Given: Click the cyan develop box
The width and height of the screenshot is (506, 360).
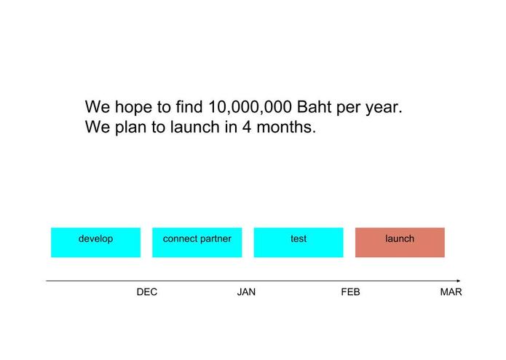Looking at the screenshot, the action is [x=95, y=243].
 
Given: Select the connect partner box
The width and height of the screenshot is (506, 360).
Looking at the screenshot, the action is [x=197, y=243].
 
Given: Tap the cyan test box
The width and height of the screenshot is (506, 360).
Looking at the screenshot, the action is [x=299, y=243].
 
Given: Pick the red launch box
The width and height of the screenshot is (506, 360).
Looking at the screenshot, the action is [x=400, y=243].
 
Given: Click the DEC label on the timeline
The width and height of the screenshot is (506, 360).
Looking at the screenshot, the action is [x=147, y=292].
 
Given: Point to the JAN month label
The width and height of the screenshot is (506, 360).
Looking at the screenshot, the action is [x=246, y=292].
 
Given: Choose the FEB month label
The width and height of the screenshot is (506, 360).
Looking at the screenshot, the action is [x=350, y=292].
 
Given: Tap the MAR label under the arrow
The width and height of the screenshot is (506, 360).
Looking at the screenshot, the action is [x=451, y=292].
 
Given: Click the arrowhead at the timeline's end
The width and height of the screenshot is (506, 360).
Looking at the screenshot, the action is [x=459, y=281].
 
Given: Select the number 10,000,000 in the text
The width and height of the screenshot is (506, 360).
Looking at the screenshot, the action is [x=250, y=107].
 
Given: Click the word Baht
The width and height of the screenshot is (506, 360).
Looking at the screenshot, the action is [x=314, y=106].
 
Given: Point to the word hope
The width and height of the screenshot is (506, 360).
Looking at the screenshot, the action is [x=133, y=108].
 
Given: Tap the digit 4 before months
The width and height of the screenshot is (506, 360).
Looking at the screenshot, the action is [x=247, y=127].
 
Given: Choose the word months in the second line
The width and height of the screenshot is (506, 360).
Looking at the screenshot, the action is [x=286, y=127].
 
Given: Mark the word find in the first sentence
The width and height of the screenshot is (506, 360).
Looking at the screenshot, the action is [x=189, y=106].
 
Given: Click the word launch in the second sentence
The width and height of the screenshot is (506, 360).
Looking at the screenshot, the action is [x=195, y=127].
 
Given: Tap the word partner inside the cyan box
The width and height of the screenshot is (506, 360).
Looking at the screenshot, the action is [x=216, y=239].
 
